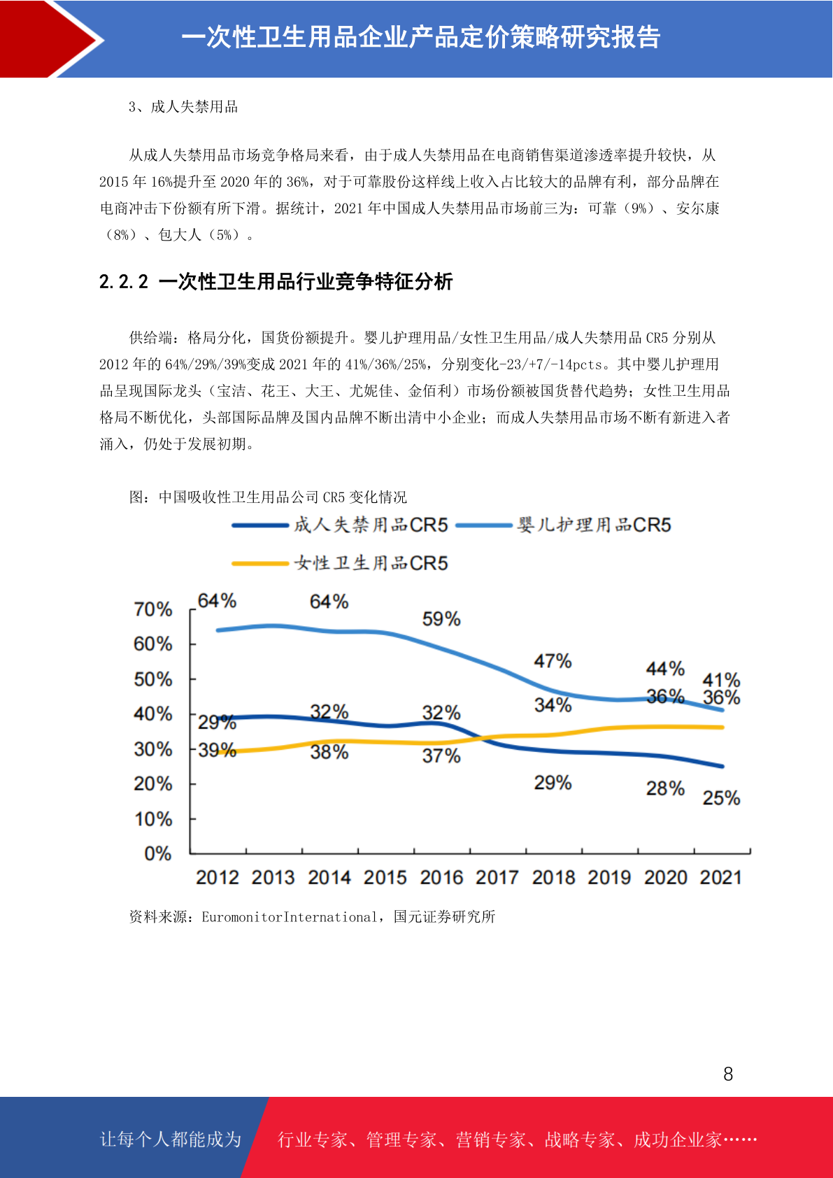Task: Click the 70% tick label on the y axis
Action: pos(153,609)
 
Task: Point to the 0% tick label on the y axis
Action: pos(158,853)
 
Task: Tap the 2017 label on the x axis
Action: pos(497,877)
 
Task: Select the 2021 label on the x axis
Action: pos(720,877)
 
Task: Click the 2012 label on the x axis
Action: pos(218,877)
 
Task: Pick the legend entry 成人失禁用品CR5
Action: pos(340,525)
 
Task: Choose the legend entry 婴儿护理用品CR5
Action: pos(563,525)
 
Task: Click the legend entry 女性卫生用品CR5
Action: pos(340,563)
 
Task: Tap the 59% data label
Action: pos(441,619)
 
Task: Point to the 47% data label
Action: pos(553,660)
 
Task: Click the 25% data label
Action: pos(721,797)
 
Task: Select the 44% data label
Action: pos(665,669)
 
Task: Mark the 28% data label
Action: pos(665,788)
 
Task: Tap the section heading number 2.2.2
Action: pos(124,282)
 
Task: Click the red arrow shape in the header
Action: pos(50,39)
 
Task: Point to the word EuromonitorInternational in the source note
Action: pos(290,917)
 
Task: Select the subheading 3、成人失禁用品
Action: pos(183,107)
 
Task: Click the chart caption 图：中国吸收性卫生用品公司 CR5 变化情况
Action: pos(268,497)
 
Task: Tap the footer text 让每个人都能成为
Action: pos(171,1139)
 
